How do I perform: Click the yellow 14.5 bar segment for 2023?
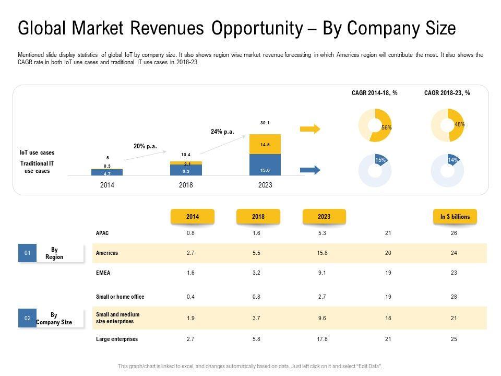pos(265,144)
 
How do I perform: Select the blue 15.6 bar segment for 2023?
pos(265,164)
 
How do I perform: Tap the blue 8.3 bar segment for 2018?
pos(186,170)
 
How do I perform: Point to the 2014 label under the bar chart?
pos(107,185)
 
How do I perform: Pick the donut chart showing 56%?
pos(375,125)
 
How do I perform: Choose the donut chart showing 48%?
pos(447,125)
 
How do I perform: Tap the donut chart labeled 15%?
pos(375,171)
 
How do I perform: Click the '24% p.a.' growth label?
pos(223,132)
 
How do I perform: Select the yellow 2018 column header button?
pos(258,217)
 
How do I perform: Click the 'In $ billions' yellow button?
pos(455,217)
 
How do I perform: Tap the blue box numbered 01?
pos(28,253)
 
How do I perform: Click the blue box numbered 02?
pos(28,318)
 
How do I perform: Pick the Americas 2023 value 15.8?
pos(322,253)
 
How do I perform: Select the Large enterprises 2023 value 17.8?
pos(322,339)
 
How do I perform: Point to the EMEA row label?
pos(103,273)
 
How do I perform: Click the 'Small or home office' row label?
pos(120,297)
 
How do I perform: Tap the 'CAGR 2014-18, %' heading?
pos(375,93)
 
